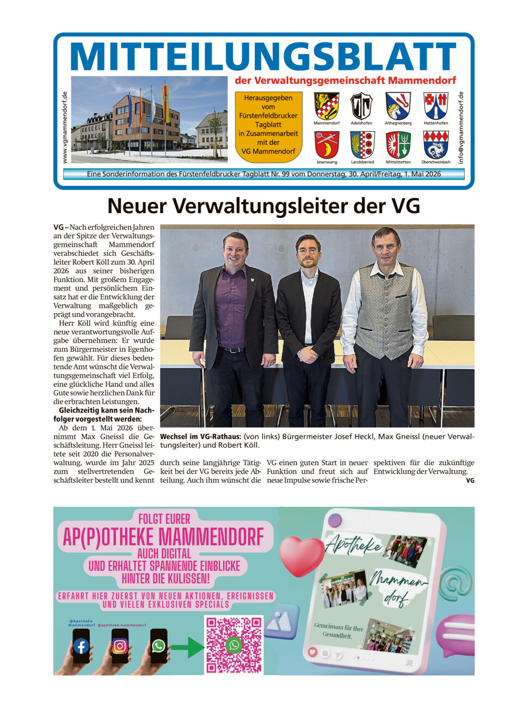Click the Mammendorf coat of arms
coord(326,106)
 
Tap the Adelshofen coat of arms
coord(361,106)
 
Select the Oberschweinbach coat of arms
coord(435,145)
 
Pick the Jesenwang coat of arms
coord(326,145)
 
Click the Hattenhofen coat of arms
coord(435,106)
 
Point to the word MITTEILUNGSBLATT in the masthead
coord(263,56)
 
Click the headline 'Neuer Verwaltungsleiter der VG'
coord(263,206)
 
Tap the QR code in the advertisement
coord(234,645)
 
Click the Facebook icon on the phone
coord(81,646)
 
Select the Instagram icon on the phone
coord(120,646)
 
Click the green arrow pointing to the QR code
coord(187,646)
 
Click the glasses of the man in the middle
coord(308,251)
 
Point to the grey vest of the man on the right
coord(385,310)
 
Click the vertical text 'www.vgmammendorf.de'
coord(65,127)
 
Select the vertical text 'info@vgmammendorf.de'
coord(461,127)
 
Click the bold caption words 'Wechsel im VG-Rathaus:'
coord(200,437)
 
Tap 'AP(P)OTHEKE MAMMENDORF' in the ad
coord(163,537)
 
